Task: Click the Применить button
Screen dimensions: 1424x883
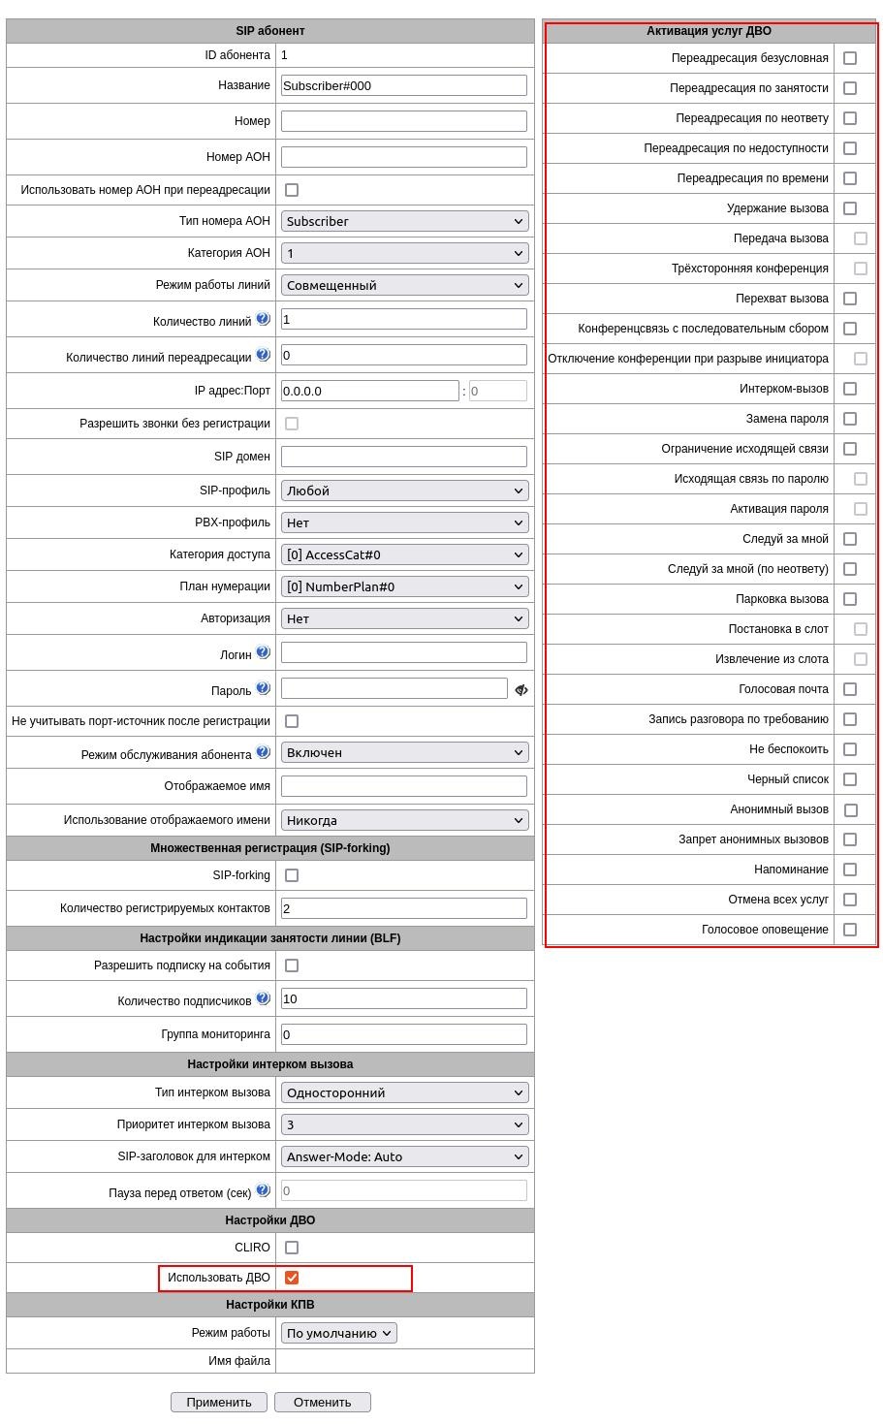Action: coord(219,1402)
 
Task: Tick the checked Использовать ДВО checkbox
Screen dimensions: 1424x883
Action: coord(292,1278)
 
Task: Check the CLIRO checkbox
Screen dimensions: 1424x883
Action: coord(292,1248)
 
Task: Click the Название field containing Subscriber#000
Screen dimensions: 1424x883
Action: coord(403,85)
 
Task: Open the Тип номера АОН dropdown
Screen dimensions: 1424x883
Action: coord(404,221)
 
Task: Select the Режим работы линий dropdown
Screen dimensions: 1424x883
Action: coord(404,285)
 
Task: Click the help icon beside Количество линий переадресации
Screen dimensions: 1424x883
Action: coord(263,355)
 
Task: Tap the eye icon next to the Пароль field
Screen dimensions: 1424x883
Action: coord(521,689)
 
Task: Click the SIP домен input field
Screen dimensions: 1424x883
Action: coord(403,457)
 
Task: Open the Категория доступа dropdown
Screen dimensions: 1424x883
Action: coord(404,554)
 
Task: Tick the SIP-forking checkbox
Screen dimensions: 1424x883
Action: coord(292,875)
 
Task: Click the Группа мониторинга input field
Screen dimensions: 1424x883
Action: coord(403,1034)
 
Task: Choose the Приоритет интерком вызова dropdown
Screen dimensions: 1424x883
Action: coord(404,1124)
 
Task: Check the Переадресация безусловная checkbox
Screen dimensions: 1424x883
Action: coord(850,58)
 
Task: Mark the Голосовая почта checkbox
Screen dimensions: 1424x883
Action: coord(850,689)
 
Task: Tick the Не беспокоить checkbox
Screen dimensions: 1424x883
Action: coord(850,749)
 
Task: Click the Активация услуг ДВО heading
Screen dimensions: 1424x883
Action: coord(709,31)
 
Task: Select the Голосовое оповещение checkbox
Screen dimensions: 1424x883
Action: coord(850,930)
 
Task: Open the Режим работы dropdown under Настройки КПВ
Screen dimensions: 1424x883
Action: coord(338,1333)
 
